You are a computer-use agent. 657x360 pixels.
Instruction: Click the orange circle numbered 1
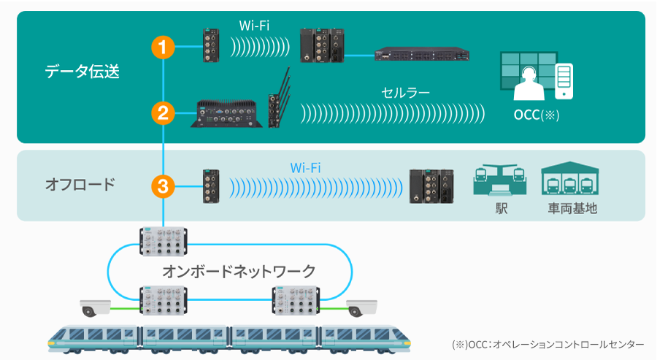pyautogui.click(x=163, y=47)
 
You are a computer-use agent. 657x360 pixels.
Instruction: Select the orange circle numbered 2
pyautogui.click(x=163, y=112)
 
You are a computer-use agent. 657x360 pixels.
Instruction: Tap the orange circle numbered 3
pyautogui.click(x=163, y=186)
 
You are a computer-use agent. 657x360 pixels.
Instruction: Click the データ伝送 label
pyautogui.click(x=82, y=72)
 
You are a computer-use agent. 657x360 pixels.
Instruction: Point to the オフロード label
pyautogui.click(x=80, y=184)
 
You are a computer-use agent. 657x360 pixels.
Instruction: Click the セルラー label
pyautogui.click(x=406, y=93)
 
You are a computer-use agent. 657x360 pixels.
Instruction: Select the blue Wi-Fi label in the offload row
pyautogui.click(x=306, y=168)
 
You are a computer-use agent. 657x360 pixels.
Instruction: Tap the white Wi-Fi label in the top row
pyautogui.click(x=255, y=26)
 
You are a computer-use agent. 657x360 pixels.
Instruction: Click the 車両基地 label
pyautogui.click(x=573, y=209)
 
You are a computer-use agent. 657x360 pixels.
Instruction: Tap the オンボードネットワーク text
pyautogui.click(x=239, y=272)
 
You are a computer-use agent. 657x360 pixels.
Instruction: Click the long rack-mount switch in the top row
pyautogui.click(x=422, y=54)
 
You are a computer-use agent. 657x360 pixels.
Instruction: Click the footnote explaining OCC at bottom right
pyautogui.click(x=548, y=344)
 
